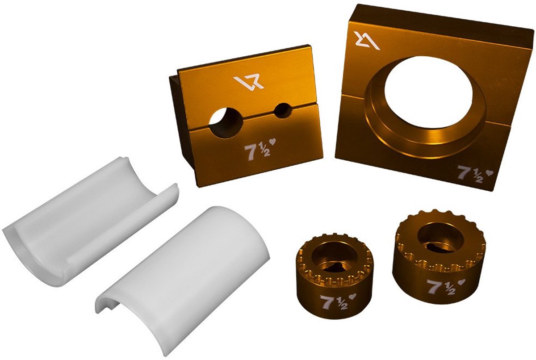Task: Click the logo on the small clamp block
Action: [x=249, y=82]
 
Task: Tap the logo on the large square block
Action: [x=367, y=41]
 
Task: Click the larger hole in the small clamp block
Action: [x=226, y=122]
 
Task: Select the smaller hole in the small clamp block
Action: [x=283, y=110]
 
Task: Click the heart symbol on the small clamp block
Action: [x=272, y=142]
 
